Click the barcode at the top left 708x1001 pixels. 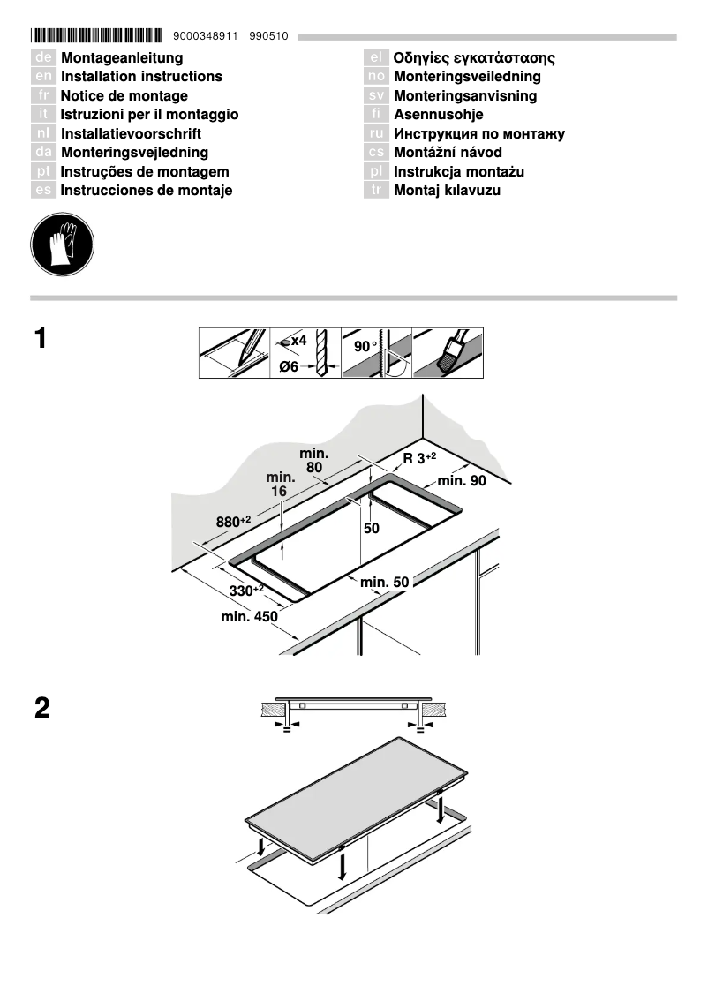click(x=96, y=36)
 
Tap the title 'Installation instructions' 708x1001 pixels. click(x=141, y=77)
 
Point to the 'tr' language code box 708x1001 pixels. click(x=376, y=191)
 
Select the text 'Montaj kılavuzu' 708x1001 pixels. click(x=447, y=191)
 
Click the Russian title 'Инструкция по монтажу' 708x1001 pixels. click(x=478, y=134)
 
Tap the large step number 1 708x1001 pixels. click(x=41, y=339)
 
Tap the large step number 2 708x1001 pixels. click(x=41, y=708)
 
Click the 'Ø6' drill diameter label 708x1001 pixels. click(x=289, y=366)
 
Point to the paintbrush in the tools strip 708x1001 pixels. click(x=450, y=353)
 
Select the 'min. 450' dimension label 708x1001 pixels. click(x=249, y=617)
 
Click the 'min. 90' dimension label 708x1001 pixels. click(x=462, y=481)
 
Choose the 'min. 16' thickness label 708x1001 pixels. click(x=280, y=484)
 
